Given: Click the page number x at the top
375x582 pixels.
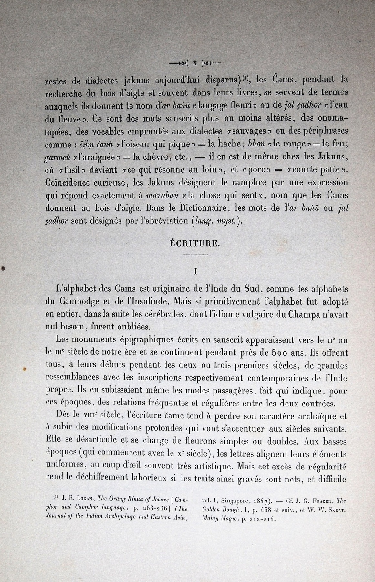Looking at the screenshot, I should coord(195,63).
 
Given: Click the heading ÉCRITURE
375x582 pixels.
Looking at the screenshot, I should coord(195,243).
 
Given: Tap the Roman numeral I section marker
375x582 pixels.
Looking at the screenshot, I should coord(195,272).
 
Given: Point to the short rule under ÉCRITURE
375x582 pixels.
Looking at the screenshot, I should coord(195,255).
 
